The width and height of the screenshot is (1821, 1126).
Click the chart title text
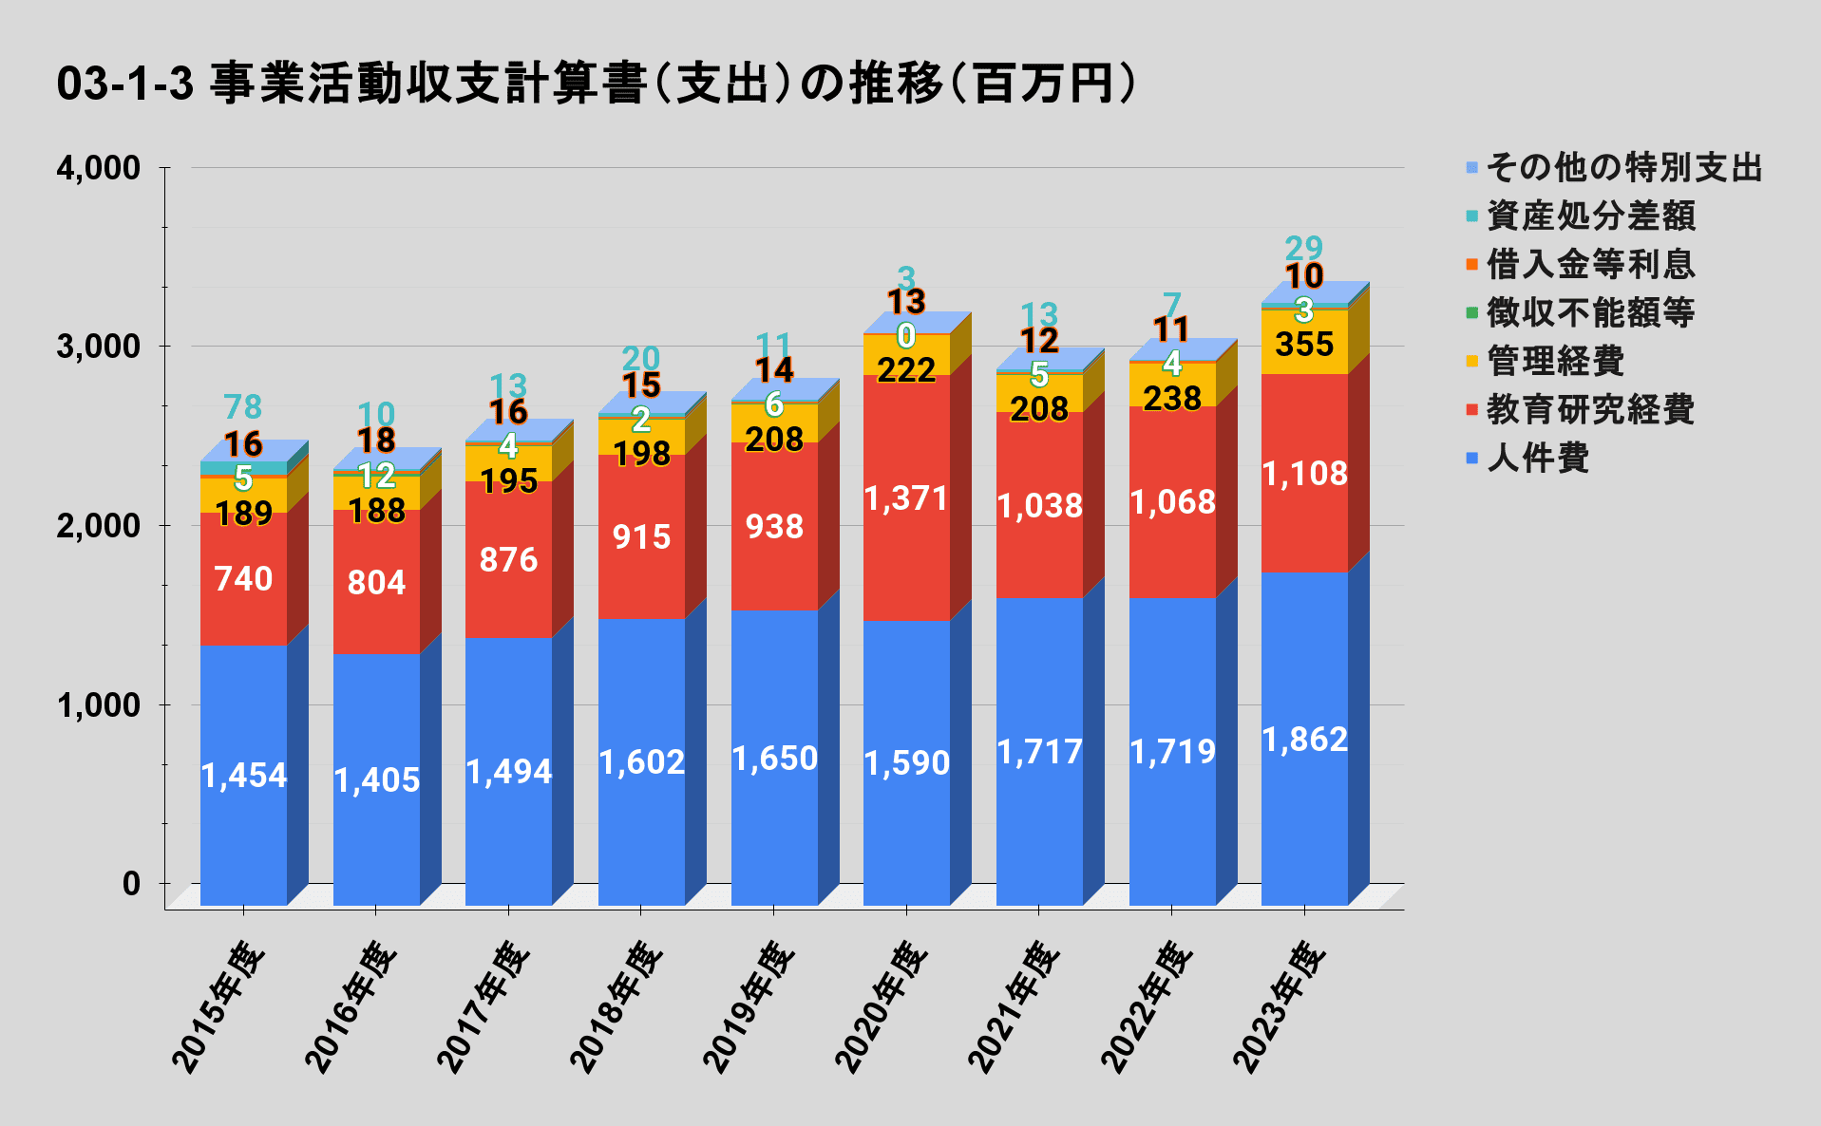(x=596, y=84)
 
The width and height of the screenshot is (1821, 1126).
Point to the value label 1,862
(x=1304, y=740)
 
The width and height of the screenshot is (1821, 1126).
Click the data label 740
(x=243, y=578)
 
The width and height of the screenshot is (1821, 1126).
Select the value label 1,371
(x=906, y=498)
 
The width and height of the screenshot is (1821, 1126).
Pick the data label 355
(x=1304, y=344)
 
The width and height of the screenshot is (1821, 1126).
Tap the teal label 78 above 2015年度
(x=243, y=406)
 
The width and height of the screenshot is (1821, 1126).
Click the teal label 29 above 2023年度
(x=1303, y=248)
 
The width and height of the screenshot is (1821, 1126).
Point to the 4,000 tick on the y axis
(x=98, y=168)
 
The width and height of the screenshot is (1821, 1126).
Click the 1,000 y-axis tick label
(x=98, y=705)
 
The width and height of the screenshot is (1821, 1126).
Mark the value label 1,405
(x=376, y=780)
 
